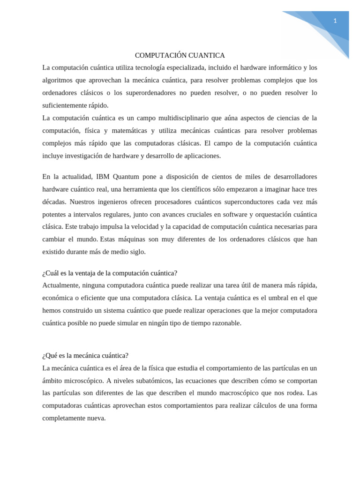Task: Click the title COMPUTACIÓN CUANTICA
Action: click(x=180, y=55)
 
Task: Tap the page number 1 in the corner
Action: click(x=335, y=21)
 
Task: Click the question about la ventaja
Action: click(x=110, y=273)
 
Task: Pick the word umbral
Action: click(x=268, y=298)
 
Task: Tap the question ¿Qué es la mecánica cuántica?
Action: click(x=85, y=355)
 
